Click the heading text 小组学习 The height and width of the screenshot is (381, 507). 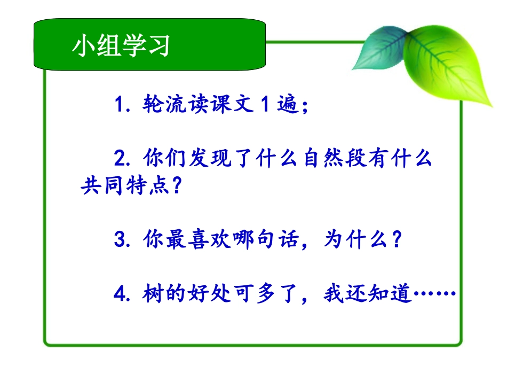coord(121,46)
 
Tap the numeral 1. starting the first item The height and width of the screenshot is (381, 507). coord(122,105)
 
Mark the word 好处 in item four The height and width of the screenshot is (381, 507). coord(208,294)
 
